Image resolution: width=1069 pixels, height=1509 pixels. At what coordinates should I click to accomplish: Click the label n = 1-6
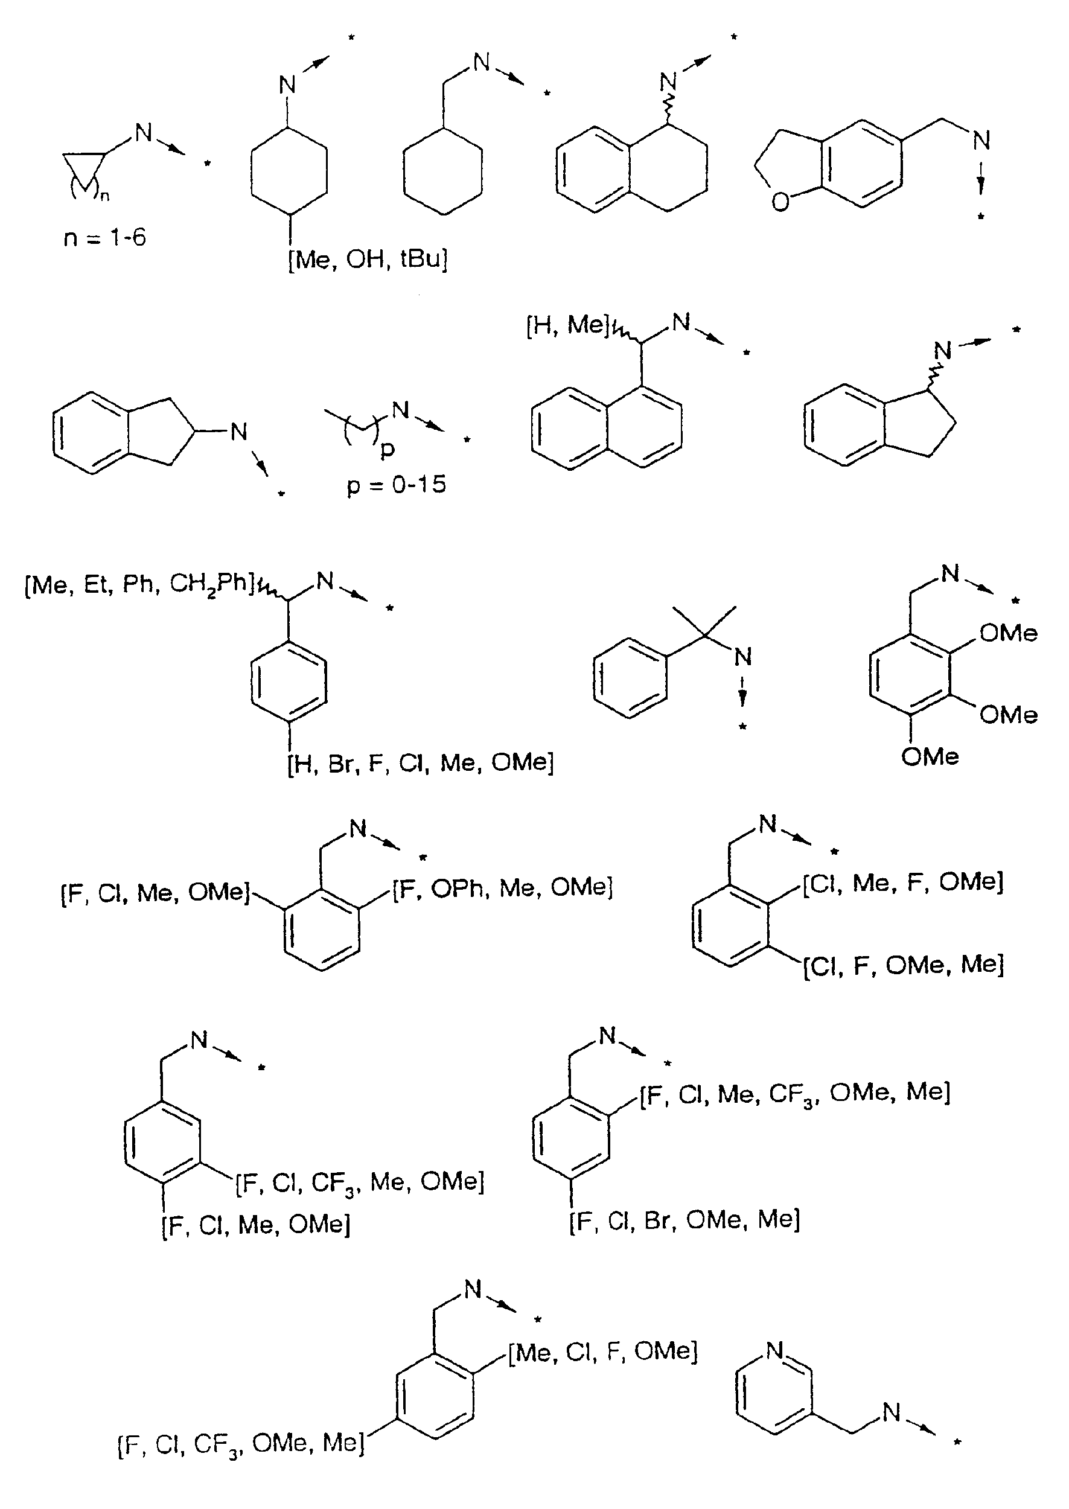(x=104, y=237)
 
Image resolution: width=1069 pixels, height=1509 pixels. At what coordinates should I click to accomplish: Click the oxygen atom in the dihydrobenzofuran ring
(x=780, y=202)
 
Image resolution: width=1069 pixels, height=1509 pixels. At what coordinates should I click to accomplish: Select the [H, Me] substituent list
(x=567, y=325)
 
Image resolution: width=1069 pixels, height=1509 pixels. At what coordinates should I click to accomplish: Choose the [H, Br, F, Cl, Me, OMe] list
(x=421, y=763)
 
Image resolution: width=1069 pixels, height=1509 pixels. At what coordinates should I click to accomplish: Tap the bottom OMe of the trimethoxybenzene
(x=930, y=757)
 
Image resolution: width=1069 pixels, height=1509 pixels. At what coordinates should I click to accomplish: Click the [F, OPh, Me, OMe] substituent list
(x=503, y=888)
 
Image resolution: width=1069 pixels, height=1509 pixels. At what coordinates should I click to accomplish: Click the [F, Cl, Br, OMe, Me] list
(x=684, y=1220)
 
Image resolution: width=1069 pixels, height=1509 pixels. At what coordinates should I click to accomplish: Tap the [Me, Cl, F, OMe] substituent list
(x=602, y=1351)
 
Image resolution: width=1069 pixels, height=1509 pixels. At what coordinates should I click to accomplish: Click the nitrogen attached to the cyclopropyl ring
(x=144, y=132)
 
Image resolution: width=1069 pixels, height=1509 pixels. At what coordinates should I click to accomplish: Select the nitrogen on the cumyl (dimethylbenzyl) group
(x=743, y=656)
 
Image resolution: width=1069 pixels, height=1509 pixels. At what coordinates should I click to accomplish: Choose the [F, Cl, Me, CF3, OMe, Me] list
(x=795, y=1093)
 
